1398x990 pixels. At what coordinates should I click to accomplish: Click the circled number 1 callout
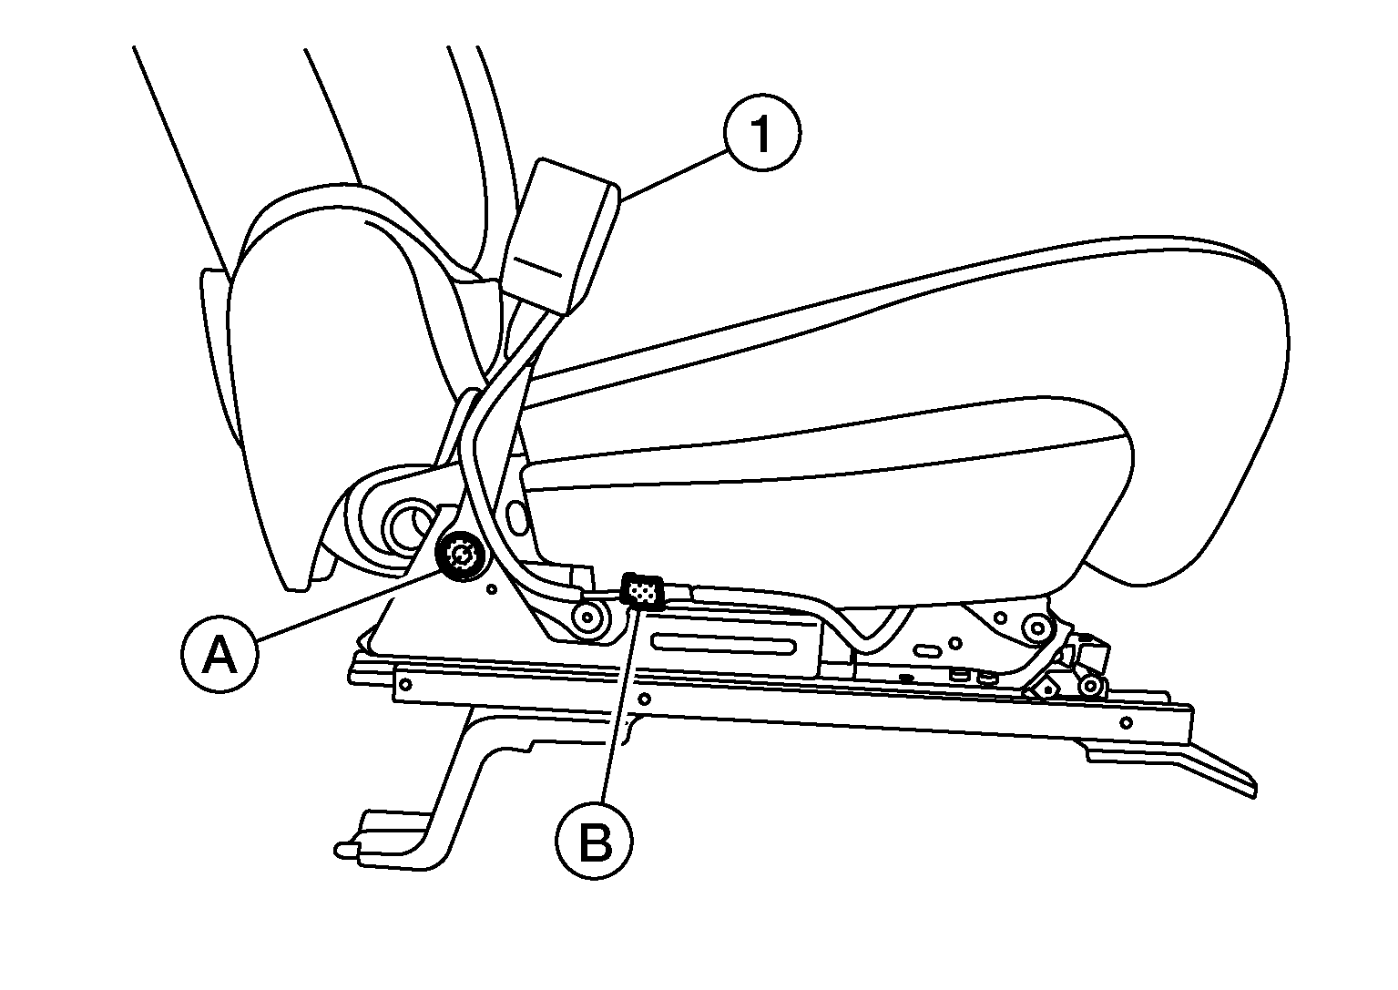[x=762, y=133]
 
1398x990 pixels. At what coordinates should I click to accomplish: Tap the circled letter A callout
[x=219, y=655]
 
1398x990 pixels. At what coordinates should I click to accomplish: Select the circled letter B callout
[x=595, y=842]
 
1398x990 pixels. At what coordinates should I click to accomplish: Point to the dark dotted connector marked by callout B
[x=643, y=590]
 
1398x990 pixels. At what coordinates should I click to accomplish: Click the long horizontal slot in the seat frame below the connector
[x=723, y=643]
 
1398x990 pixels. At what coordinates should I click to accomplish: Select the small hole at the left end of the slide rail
[x=404, y=685]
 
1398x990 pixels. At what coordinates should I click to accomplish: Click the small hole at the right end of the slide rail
[x=1127, y=723]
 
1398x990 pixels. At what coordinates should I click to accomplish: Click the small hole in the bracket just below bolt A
[x=492, y=589]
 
